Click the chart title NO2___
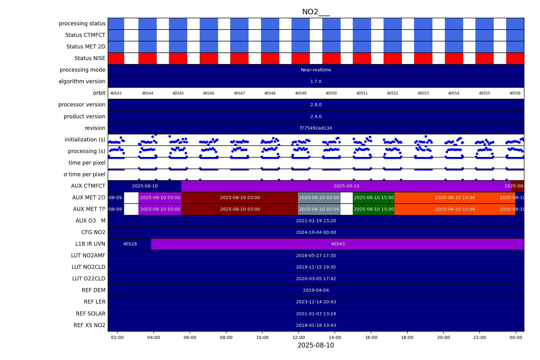click(x=316, y=12)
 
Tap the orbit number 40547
click(x=239, y=93)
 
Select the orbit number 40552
click(x=392, y=93)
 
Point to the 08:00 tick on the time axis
click(x=226, y=337)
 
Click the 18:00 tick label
click(x=407, y=337)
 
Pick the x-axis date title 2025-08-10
click(x=316, y=345)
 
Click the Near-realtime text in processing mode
click(x=316, y=70)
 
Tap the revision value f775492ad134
click(x=316, y=128)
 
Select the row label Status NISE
click(x=90, y=58)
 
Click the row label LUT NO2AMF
click(x=88, y=255)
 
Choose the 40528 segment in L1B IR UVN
click(x=130, y=244)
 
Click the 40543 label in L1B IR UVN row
click(x=338, y=244)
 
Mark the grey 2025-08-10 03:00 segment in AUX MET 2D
click(x=319, y=198)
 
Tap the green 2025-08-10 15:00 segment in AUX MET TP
click(x=374, y=209)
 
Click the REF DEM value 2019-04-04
click(x=316, y=290)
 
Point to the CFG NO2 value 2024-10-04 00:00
click(x=316, y=233)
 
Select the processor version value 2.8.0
click(x=316, y=105)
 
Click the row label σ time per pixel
click(x=84, y=174)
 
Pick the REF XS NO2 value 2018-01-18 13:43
click(x=316, y=325)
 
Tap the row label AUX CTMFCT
click(x=88, y=186)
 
